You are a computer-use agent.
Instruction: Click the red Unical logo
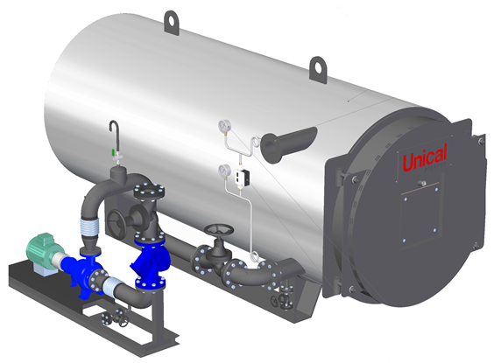pos(425,157)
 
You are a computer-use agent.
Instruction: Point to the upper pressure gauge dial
pos(224,126)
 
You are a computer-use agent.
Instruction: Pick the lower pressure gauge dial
pos(225,171)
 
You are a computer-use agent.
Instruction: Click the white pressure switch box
pos(243,177)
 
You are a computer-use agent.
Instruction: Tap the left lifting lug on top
pos(172,22)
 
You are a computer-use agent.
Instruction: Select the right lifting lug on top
pos(318,69)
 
